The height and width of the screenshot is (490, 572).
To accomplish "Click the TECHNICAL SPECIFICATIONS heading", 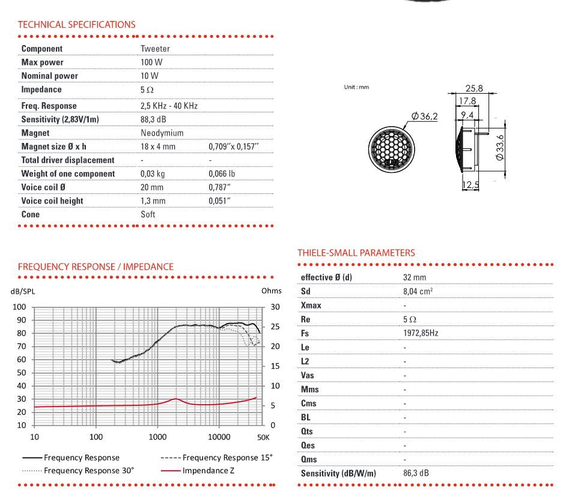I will click(76, 25).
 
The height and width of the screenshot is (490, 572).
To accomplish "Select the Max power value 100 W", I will click(151, 62).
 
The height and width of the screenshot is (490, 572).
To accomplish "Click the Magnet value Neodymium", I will click(162, 133).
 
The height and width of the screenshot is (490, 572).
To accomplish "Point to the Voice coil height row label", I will click(52, 201).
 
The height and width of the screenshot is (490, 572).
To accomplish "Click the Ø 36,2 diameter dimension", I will click(424, 116).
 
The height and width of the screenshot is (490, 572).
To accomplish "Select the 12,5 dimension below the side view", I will click(471, 186).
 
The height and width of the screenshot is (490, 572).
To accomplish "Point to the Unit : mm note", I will click(356, 87).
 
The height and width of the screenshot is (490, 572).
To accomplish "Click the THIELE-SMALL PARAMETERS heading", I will click(356, 253).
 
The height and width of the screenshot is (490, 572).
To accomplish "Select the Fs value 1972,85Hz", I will click(420, 333).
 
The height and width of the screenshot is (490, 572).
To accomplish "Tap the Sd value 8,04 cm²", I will click(418, 291).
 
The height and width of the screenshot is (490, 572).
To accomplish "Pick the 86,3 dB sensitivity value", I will click(416, 473).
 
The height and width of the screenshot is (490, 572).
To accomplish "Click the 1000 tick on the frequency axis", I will click(157, 437).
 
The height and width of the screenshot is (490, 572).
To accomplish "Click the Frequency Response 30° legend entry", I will click(88, 470).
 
